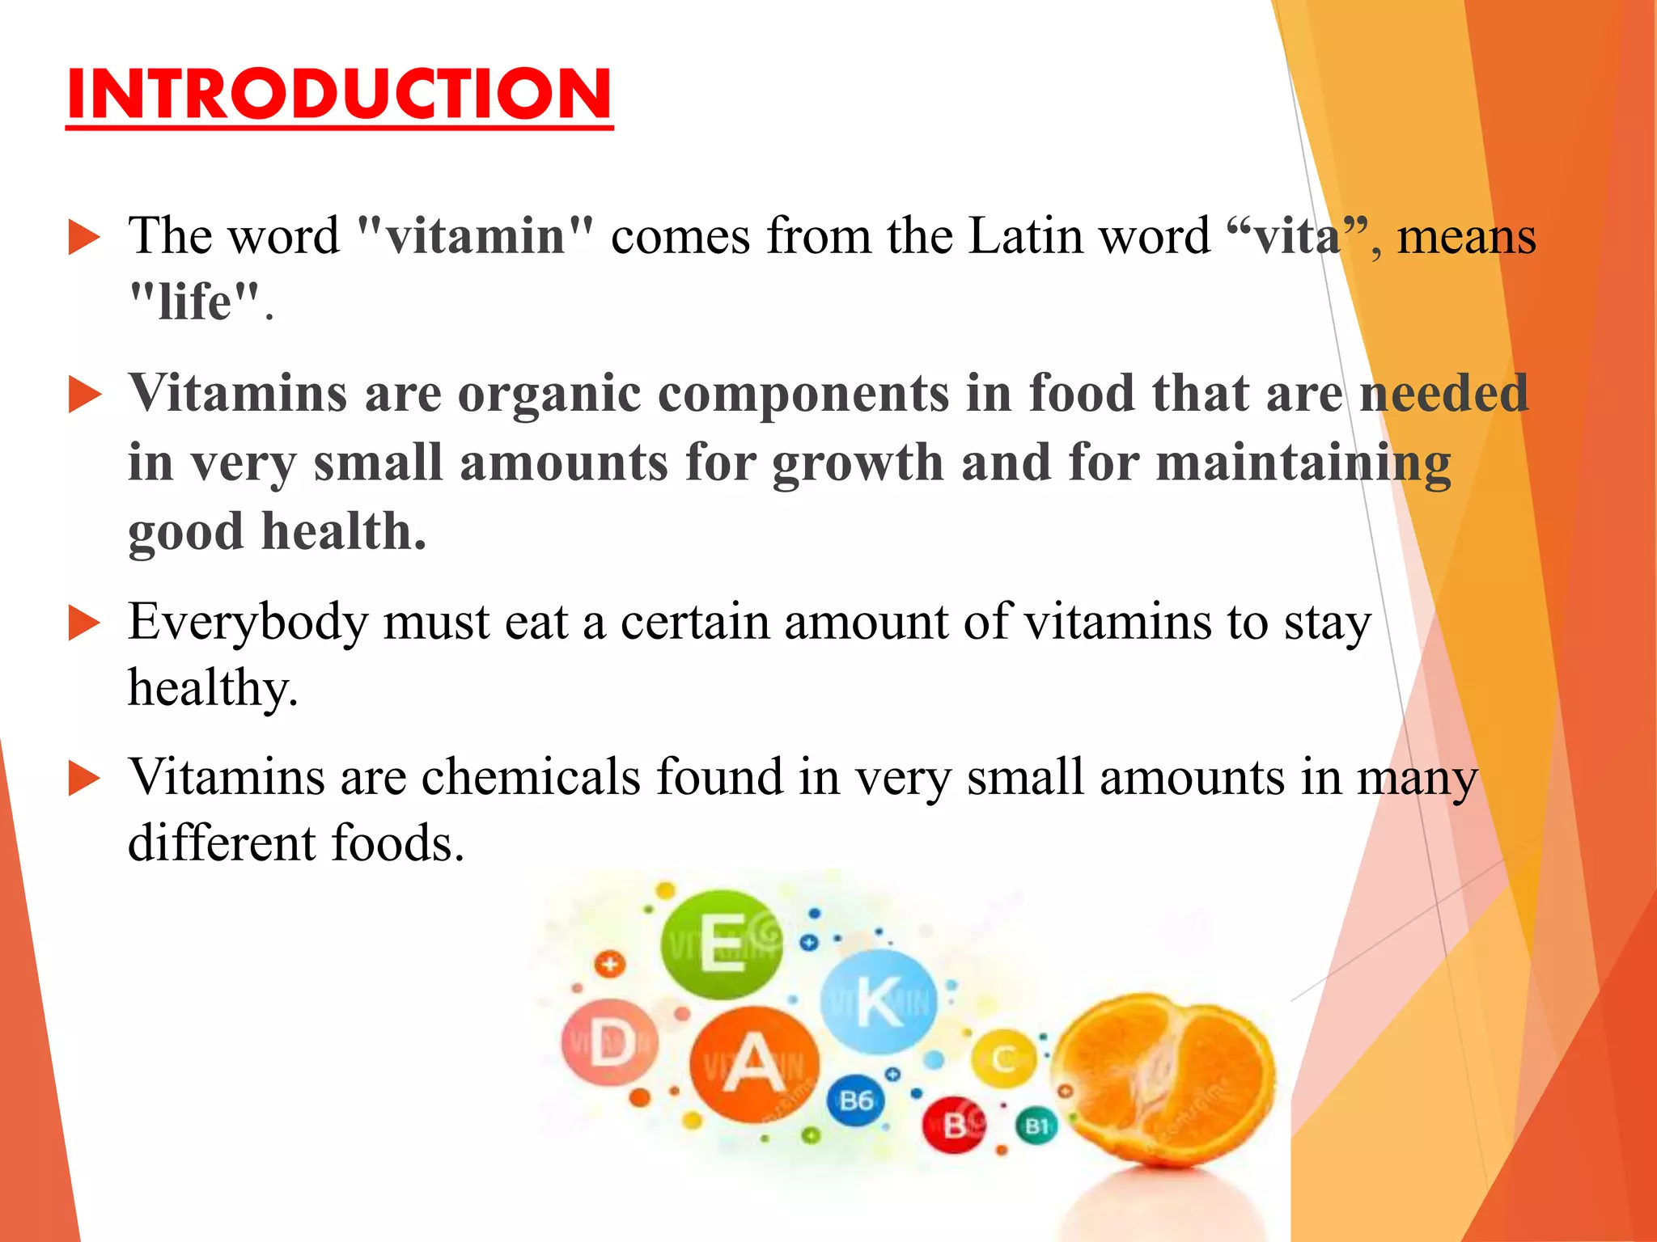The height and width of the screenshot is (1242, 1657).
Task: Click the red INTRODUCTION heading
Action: pos(339,95)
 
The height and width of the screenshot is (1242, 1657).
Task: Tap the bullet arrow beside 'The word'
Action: pos(84,239)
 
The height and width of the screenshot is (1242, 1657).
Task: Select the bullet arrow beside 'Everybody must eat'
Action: pos(84,624)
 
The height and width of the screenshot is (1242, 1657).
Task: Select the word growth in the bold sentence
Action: pos(858,463)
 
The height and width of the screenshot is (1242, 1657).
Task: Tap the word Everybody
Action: pos(247,623)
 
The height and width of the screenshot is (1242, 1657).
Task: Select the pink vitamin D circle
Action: pos(609,1044)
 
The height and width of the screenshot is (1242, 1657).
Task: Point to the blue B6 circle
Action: pos(856,1100)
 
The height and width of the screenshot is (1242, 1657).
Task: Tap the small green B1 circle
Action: pos(1036,1126)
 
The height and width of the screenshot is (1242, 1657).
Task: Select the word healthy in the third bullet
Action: pos(213,689)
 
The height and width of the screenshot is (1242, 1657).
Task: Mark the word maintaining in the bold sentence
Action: pos(1303,463)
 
